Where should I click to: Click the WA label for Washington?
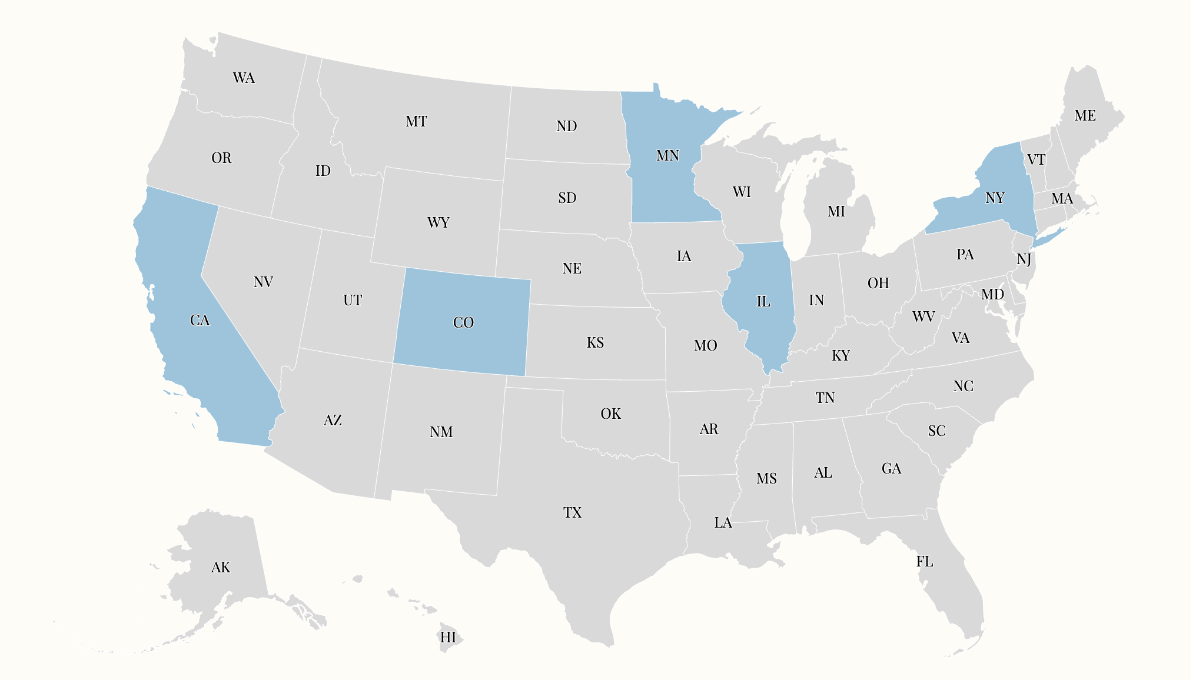[244, 78]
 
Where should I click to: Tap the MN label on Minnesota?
[667, 156]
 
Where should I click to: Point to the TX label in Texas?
[572, 513]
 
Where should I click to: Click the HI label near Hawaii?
[448, 638]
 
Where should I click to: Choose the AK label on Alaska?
[221, 568]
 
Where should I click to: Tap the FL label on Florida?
[925, 562]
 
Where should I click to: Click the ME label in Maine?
[1085, 116]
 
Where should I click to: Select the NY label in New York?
[995, 198]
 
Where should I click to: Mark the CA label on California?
[200, 321]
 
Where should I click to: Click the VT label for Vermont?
[1036, 160]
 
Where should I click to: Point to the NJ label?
[1024, 259]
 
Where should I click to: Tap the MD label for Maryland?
[992, 295]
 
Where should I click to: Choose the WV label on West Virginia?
[923, 317]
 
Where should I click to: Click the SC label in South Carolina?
[937, 431]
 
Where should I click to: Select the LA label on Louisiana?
[723, 523]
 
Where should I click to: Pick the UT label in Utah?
[353, 301]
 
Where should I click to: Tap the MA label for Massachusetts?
[1062, 199]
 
